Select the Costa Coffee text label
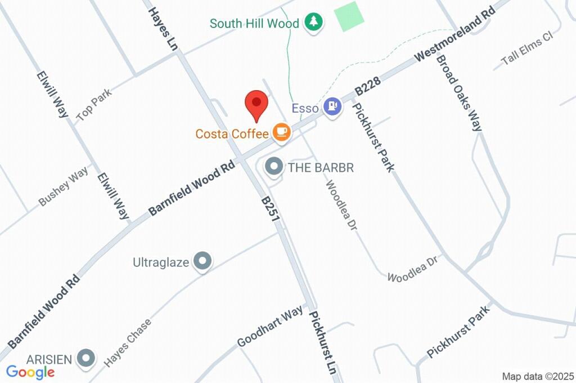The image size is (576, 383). coord(232,134)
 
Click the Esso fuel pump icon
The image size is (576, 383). coord(333,106)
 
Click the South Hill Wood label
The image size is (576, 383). coord(254,24)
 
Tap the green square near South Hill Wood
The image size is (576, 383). coord(349,16)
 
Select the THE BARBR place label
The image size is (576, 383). coord(321,168)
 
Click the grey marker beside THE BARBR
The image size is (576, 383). coord(274,166)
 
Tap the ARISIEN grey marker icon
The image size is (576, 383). coord(86,357)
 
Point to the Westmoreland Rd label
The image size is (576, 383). coord(455,34)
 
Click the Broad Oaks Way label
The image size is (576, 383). coord(459,92)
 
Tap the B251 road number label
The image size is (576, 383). coord(270,208)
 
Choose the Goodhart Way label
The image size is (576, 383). coord(270,326)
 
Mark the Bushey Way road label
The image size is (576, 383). coord(64,186)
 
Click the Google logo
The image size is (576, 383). coord(30,372)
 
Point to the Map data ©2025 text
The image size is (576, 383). coord(538,376)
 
